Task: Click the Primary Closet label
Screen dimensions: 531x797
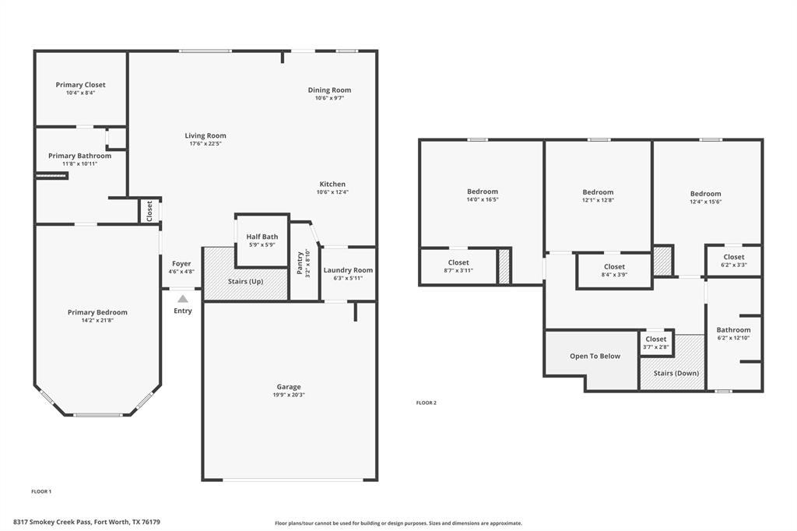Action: tap(80, 85)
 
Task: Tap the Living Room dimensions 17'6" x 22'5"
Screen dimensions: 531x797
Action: tap(205, 144)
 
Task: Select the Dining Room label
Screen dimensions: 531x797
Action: tap(329, 90)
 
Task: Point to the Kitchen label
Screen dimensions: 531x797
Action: tap(332, 185)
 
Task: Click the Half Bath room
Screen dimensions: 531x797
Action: tap(262, 241)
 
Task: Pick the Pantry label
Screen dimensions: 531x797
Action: tap(300, 262)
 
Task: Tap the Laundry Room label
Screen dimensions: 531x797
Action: tap(348, 270)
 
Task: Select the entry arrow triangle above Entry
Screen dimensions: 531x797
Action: tap(182, 298)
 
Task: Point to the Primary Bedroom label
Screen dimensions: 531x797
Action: tap(97, 312)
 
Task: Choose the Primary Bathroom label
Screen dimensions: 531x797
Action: tap(79, 156)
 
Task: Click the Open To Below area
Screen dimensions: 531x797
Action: tap(595, 356)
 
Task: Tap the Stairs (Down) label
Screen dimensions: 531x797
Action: tap(676, 373)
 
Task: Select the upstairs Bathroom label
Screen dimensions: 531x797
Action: tap(733, 330)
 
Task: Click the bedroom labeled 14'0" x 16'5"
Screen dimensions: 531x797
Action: tap(482, 195)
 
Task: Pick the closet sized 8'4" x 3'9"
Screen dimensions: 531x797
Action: tap(614, 270)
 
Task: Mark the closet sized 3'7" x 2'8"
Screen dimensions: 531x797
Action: tap(656, 342)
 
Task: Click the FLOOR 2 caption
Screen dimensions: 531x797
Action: tap(427, 403)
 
